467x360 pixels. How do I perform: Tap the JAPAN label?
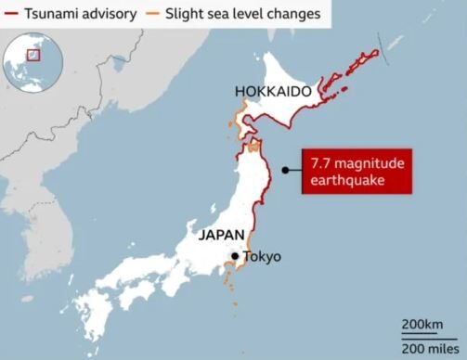221,236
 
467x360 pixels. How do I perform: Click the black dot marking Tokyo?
236,257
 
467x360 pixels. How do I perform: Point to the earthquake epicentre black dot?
285,170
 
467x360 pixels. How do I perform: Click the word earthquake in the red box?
349,181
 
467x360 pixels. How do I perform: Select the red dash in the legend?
10,14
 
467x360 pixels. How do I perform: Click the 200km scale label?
421,324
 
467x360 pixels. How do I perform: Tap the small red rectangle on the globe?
34,55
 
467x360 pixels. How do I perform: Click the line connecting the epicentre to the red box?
295,170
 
